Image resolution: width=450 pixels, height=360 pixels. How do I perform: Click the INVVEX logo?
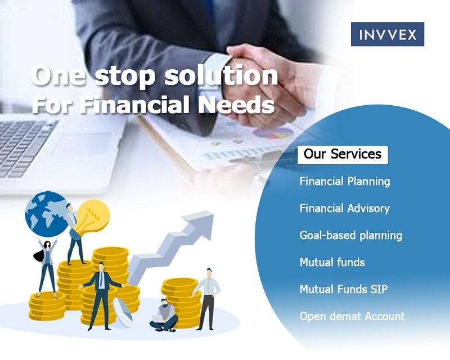point(388,34)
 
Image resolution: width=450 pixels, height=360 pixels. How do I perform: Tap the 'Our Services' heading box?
point(343,155)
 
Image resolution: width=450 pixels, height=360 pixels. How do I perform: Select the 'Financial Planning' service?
point(345,182)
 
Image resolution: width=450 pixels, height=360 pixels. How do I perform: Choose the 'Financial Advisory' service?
point(345,209)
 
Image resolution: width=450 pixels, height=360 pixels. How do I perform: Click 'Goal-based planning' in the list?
point(350,236)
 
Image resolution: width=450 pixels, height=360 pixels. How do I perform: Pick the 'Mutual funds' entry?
point(332,262)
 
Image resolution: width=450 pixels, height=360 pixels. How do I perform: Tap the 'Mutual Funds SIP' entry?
point(344,289)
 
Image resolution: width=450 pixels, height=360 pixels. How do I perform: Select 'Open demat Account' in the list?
point(352,316)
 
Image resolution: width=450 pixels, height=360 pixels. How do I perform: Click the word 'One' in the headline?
point(58,76)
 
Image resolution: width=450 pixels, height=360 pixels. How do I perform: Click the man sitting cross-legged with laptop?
point(164,315)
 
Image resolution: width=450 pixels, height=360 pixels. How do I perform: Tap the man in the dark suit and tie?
point(101,296)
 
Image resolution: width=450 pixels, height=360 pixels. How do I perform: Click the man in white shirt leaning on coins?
point(207,299)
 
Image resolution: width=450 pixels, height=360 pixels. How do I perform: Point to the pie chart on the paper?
point(273,133)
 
